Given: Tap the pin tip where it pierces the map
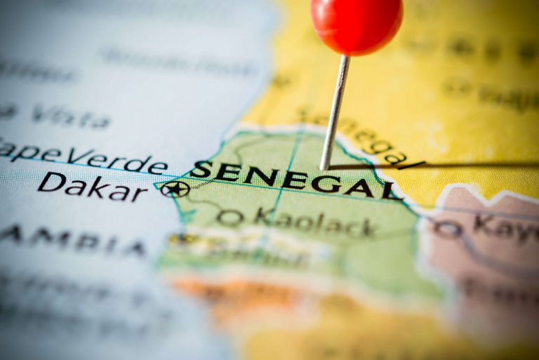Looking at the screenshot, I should click(x=325, y=167).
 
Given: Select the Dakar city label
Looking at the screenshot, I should click(x=92, y=186).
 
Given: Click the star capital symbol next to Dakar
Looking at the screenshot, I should click(x=174, y=189).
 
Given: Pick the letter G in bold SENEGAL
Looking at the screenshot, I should click(x=330, y=183).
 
